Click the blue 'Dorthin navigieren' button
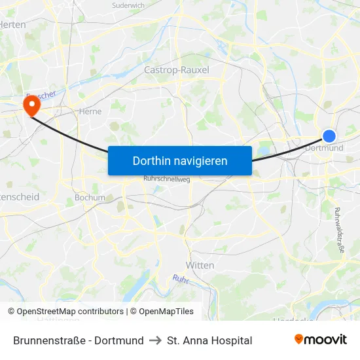pyautogui.click(x=179, y=160)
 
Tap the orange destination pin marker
pyautogui.click(x=31, y=104)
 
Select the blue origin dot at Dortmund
pyautogui.click(x=329, y=136)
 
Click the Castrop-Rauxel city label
pyautogui.click(x=176, y=70)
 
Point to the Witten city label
pyautogui.click(x=200, y=265)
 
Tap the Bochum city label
pyautogui.click(x=90, y=197)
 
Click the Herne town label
pyautogui.click(x=89, y=111)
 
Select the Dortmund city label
pyautogui.click(x=325, y=148)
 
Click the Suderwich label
pyautogui.click(x=128, y=5)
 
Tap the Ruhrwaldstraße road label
pyautogui.click(x=338, y=230)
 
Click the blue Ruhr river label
pyautogui.click(x=181, y=279)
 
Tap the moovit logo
pyautogui.click(x=321, y=340)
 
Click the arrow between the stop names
pyautogui.click(x=155, y=340)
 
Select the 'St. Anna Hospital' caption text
pyautogui.click(x=209, y=340)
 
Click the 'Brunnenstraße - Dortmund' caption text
pyautogui.click(x=79, y=340)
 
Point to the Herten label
pyautogui.click(x=13, y=24)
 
